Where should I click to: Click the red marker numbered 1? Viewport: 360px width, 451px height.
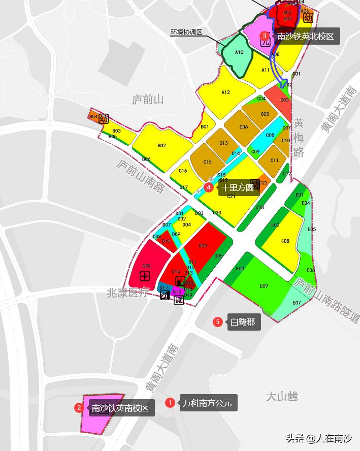(x=170, y=403)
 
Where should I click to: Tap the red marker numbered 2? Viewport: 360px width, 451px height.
(x=79, y=408)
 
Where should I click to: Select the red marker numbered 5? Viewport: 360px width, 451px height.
(x=218, y=321)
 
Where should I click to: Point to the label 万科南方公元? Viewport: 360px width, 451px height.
(x=207, y=403)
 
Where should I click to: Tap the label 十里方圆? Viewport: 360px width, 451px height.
(x=237, y=187)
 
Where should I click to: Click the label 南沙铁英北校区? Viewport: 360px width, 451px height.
(x=305, y=36)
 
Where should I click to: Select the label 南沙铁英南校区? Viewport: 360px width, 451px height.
(x=120, y=408)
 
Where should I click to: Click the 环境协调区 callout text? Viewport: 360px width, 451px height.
(x=186, y=33)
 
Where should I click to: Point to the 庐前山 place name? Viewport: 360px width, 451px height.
(x=148, y=100)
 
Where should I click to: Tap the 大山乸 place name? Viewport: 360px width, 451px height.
(x=282, y=397)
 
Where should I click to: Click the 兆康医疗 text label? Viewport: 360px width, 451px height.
(x=127, y=293)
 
